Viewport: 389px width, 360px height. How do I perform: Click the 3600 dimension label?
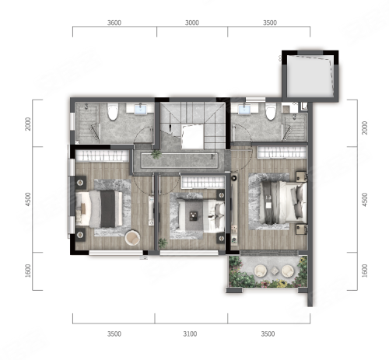[114, 23]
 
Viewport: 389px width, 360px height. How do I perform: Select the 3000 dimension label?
[192, 23]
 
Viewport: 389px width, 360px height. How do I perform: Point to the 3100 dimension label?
[190, 334]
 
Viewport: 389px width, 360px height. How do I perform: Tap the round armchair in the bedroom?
[132, 238]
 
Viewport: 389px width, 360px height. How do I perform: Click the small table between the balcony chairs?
[275, 271]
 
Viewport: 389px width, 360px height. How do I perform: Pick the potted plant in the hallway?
[156, 155]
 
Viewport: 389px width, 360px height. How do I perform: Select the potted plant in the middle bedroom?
[163, 243]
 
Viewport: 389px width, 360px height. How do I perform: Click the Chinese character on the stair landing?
[213, 156]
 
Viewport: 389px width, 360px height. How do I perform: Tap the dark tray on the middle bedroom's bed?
[193, 215]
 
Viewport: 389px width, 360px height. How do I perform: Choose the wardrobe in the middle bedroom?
[203, 182]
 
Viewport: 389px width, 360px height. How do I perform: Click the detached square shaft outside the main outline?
[310, 75]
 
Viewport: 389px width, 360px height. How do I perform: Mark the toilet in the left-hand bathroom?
[113, 111]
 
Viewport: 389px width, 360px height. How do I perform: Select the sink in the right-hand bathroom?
[244, 109]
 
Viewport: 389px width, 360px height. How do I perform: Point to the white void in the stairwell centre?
[192, 136]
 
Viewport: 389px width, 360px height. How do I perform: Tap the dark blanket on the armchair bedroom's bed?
[107, 209]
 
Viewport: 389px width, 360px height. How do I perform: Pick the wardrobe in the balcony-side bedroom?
[282, 152]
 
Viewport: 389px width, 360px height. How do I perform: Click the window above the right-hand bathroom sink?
[255, 100]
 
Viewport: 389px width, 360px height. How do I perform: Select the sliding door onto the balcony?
[269, 253]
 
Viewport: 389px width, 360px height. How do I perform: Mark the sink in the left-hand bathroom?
[140, 109]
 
